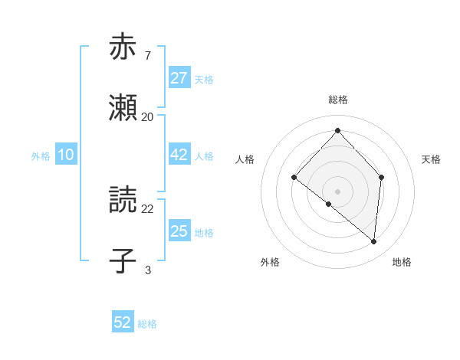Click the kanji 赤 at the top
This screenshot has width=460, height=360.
123,47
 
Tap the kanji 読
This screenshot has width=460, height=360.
123,201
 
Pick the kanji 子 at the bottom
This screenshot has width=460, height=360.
123,261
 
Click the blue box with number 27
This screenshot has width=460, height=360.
179,78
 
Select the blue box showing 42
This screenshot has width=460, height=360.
179,155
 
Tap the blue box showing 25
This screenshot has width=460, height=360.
179,232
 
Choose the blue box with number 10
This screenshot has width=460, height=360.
66,155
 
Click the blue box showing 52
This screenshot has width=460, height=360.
123,322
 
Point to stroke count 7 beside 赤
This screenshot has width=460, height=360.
147,55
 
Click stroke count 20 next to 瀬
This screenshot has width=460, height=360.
147,117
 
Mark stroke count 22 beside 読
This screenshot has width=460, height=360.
147,208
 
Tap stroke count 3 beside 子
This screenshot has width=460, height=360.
147,270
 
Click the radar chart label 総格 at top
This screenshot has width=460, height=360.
337,100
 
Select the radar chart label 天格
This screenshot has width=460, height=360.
431,159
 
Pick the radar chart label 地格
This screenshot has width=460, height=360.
402,262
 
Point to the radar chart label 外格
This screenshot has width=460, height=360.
270,262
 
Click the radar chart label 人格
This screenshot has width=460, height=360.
245,159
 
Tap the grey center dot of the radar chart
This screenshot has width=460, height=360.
337,191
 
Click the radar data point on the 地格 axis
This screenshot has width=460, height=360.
374,241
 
